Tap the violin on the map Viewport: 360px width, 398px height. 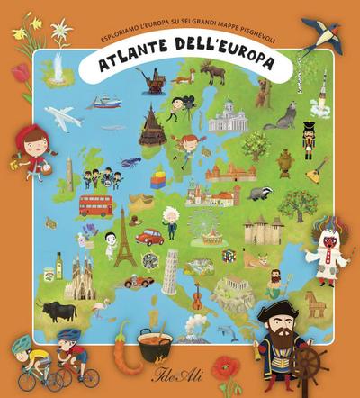click(x=195, y=294)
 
